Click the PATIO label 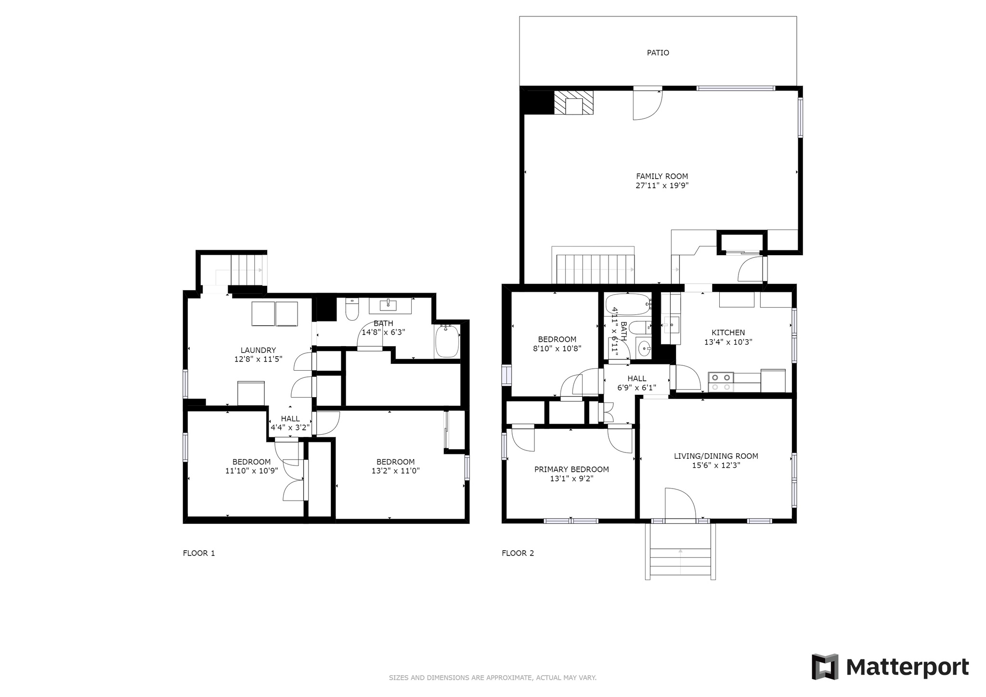pyautogui.click(x=658, y=53)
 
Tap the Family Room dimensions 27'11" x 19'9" pyautogui.click(x=662, y=185)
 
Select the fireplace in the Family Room pyautogui.click(x=573, y=103)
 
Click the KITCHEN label pyautogui.click(x=728, y=333)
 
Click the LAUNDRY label pyautogui.click(x=258, y=350)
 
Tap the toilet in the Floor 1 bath pyautogui.click(x=352, y=309)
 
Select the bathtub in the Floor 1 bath pyautogui.click(x=447, y=341)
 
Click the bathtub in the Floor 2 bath pyautogui.click(x=628, y=304)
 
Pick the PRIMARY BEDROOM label pyautogui.click(x=571, y=469)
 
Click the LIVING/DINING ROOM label pyautogui.click(x=716, y=456)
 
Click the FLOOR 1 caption pyautogui.click(x=199, y=553)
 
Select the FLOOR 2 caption pyautogui.click(x=518, y=553)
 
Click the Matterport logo pyautogui.click(x=890, y=667)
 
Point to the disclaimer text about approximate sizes pyautogui.click(x=493, y=678)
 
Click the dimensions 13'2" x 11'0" pyautogui.click(x=396, y=471)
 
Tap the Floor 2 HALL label pyautogui.click(x=637, y=379)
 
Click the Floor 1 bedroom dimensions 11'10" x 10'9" pyautogui.click(x=252, y=471)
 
